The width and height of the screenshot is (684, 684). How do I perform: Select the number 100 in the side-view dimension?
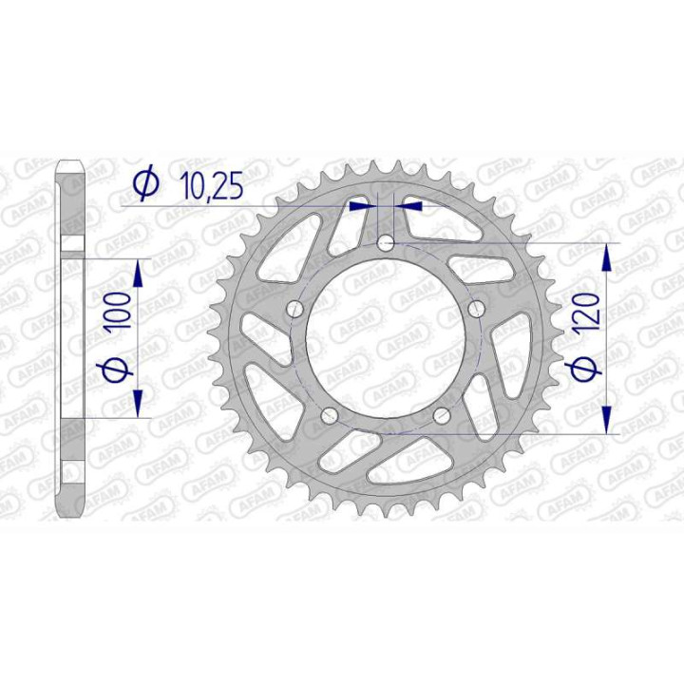119,311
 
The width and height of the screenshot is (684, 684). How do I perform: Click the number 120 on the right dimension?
585,309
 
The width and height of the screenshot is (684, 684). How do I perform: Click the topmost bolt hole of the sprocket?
385,243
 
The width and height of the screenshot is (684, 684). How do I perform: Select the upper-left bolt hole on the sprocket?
294,309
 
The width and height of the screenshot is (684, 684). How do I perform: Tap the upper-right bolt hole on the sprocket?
475,309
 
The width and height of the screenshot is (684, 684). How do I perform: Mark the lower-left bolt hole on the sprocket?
329,415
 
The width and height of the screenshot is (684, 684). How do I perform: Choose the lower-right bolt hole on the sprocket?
441,415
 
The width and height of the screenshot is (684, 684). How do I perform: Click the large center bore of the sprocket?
385,338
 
